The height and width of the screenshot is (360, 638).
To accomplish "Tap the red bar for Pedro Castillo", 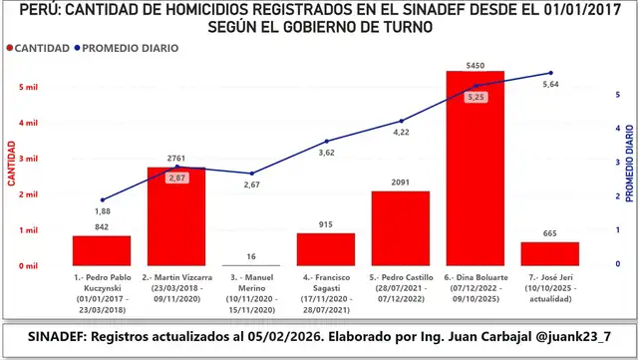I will pyautogui.click(x=400, y=228).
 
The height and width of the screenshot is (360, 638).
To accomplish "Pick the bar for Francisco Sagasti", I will pyautogui.click(x=325, y=249).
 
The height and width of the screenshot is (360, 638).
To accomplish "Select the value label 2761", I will pyautogui.click(x=175, y=159).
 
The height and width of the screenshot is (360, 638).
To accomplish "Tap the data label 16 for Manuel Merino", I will pyautogui.click(x=250, y=256).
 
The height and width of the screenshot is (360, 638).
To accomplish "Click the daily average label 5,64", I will pyautogui.click(x=550, y=85).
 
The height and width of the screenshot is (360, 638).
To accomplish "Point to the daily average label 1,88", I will pyautogui.click(x=103, y=211).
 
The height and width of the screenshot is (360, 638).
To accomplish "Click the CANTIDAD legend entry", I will pyautogui.click(x=38, y=47).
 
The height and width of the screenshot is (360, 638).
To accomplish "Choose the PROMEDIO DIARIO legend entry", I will pyautogui.click(x=132, y=47).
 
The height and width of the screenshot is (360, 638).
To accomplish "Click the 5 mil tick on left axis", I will pyautogui.click(x=28, y=87).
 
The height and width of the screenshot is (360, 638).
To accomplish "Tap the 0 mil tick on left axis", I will pyautogui.click(x=28, y=266).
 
